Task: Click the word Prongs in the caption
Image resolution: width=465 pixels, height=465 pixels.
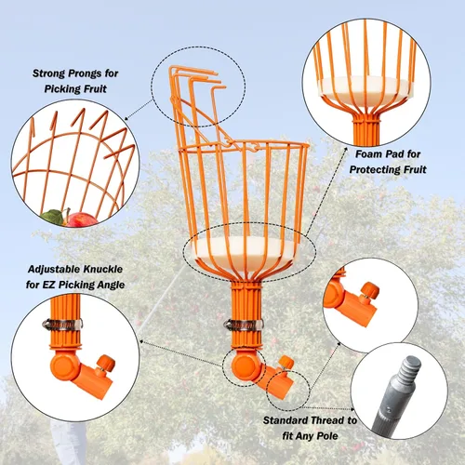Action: pos(85,74)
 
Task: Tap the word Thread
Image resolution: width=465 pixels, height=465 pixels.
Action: pos(328,420)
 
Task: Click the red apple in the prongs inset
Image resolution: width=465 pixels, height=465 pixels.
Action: pos(81,219)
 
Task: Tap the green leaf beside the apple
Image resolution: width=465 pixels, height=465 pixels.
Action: pos(53,217)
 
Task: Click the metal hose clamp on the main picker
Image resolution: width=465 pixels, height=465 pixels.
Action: pos(244,325)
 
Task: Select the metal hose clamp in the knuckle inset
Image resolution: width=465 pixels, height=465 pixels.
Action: pos(62,325)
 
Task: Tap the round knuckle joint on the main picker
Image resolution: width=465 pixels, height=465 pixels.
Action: pos(245,365)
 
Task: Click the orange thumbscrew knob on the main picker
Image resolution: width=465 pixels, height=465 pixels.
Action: pos(286,362)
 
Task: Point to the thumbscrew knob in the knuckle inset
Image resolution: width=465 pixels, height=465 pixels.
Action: pos(106,363)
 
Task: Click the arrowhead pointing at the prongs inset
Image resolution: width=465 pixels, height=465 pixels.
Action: pos(126,118)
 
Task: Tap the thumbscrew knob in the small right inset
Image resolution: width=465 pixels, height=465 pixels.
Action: pos(370,291)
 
